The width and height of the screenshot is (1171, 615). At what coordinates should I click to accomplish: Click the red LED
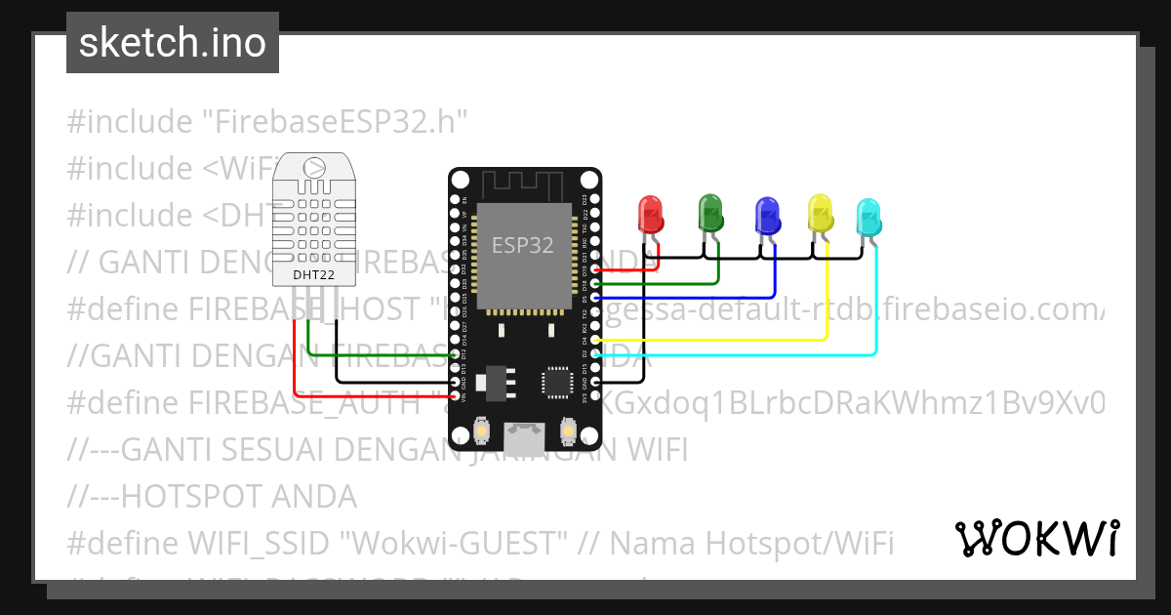(x=650, y=214)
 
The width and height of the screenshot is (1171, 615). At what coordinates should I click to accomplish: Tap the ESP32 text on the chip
(x=522, y=245)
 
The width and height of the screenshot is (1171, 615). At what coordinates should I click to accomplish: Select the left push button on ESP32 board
(x=481, y=430)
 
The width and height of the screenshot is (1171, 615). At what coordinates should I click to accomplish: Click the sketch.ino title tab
(x=173, y=43)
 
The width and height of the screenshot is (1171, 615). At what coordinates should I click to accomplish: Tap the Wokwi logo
(x=1036, y=538)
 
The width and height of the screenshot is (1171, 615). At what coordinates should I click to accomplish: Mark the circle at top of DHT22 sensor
(x=314, y=168)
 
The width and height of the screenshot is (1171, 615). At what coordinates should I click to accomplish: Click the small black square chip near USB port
(x=560, y=382)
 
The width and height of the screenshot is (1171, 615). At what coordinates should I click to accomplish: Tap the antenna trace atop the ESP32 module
(x=523, y=184)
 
